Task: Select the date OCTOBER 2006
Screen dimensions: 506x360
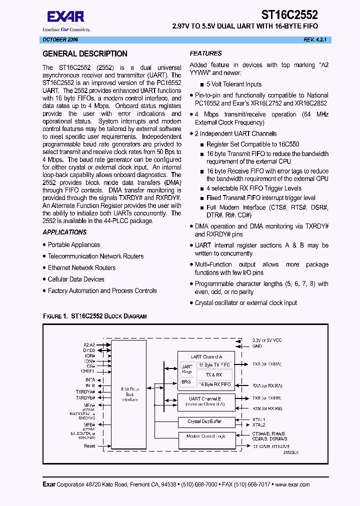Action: tap(59, 39)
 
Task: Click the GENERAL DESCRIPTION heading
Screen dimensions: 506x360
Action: tap(85, 54)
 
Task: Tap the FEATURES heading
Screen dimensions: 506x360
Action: tap(205, 53)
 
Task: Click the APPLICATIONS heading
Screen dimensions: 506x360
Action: tap(64, 232)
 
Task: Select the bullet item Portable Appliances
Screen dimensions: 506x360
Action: tap(73, 244)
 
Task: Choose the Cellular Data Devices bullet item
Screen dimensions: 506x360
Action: tap(76, 279)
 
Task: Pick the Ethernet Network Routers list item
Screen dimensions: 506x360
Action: tap(81, 267)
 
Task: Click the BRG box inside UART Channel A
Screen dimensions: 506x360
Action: tap(186, 381)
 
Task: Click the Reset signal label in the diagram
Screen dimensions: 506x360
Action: tap(89, 445)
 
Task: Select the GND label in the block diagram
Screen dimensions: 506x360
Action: tap(256, 346)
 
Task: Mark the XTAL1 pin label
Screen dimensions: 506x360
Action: tap(258, 420)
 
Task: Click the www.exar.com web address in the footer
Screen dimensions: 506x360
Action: tap(292, 484)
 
